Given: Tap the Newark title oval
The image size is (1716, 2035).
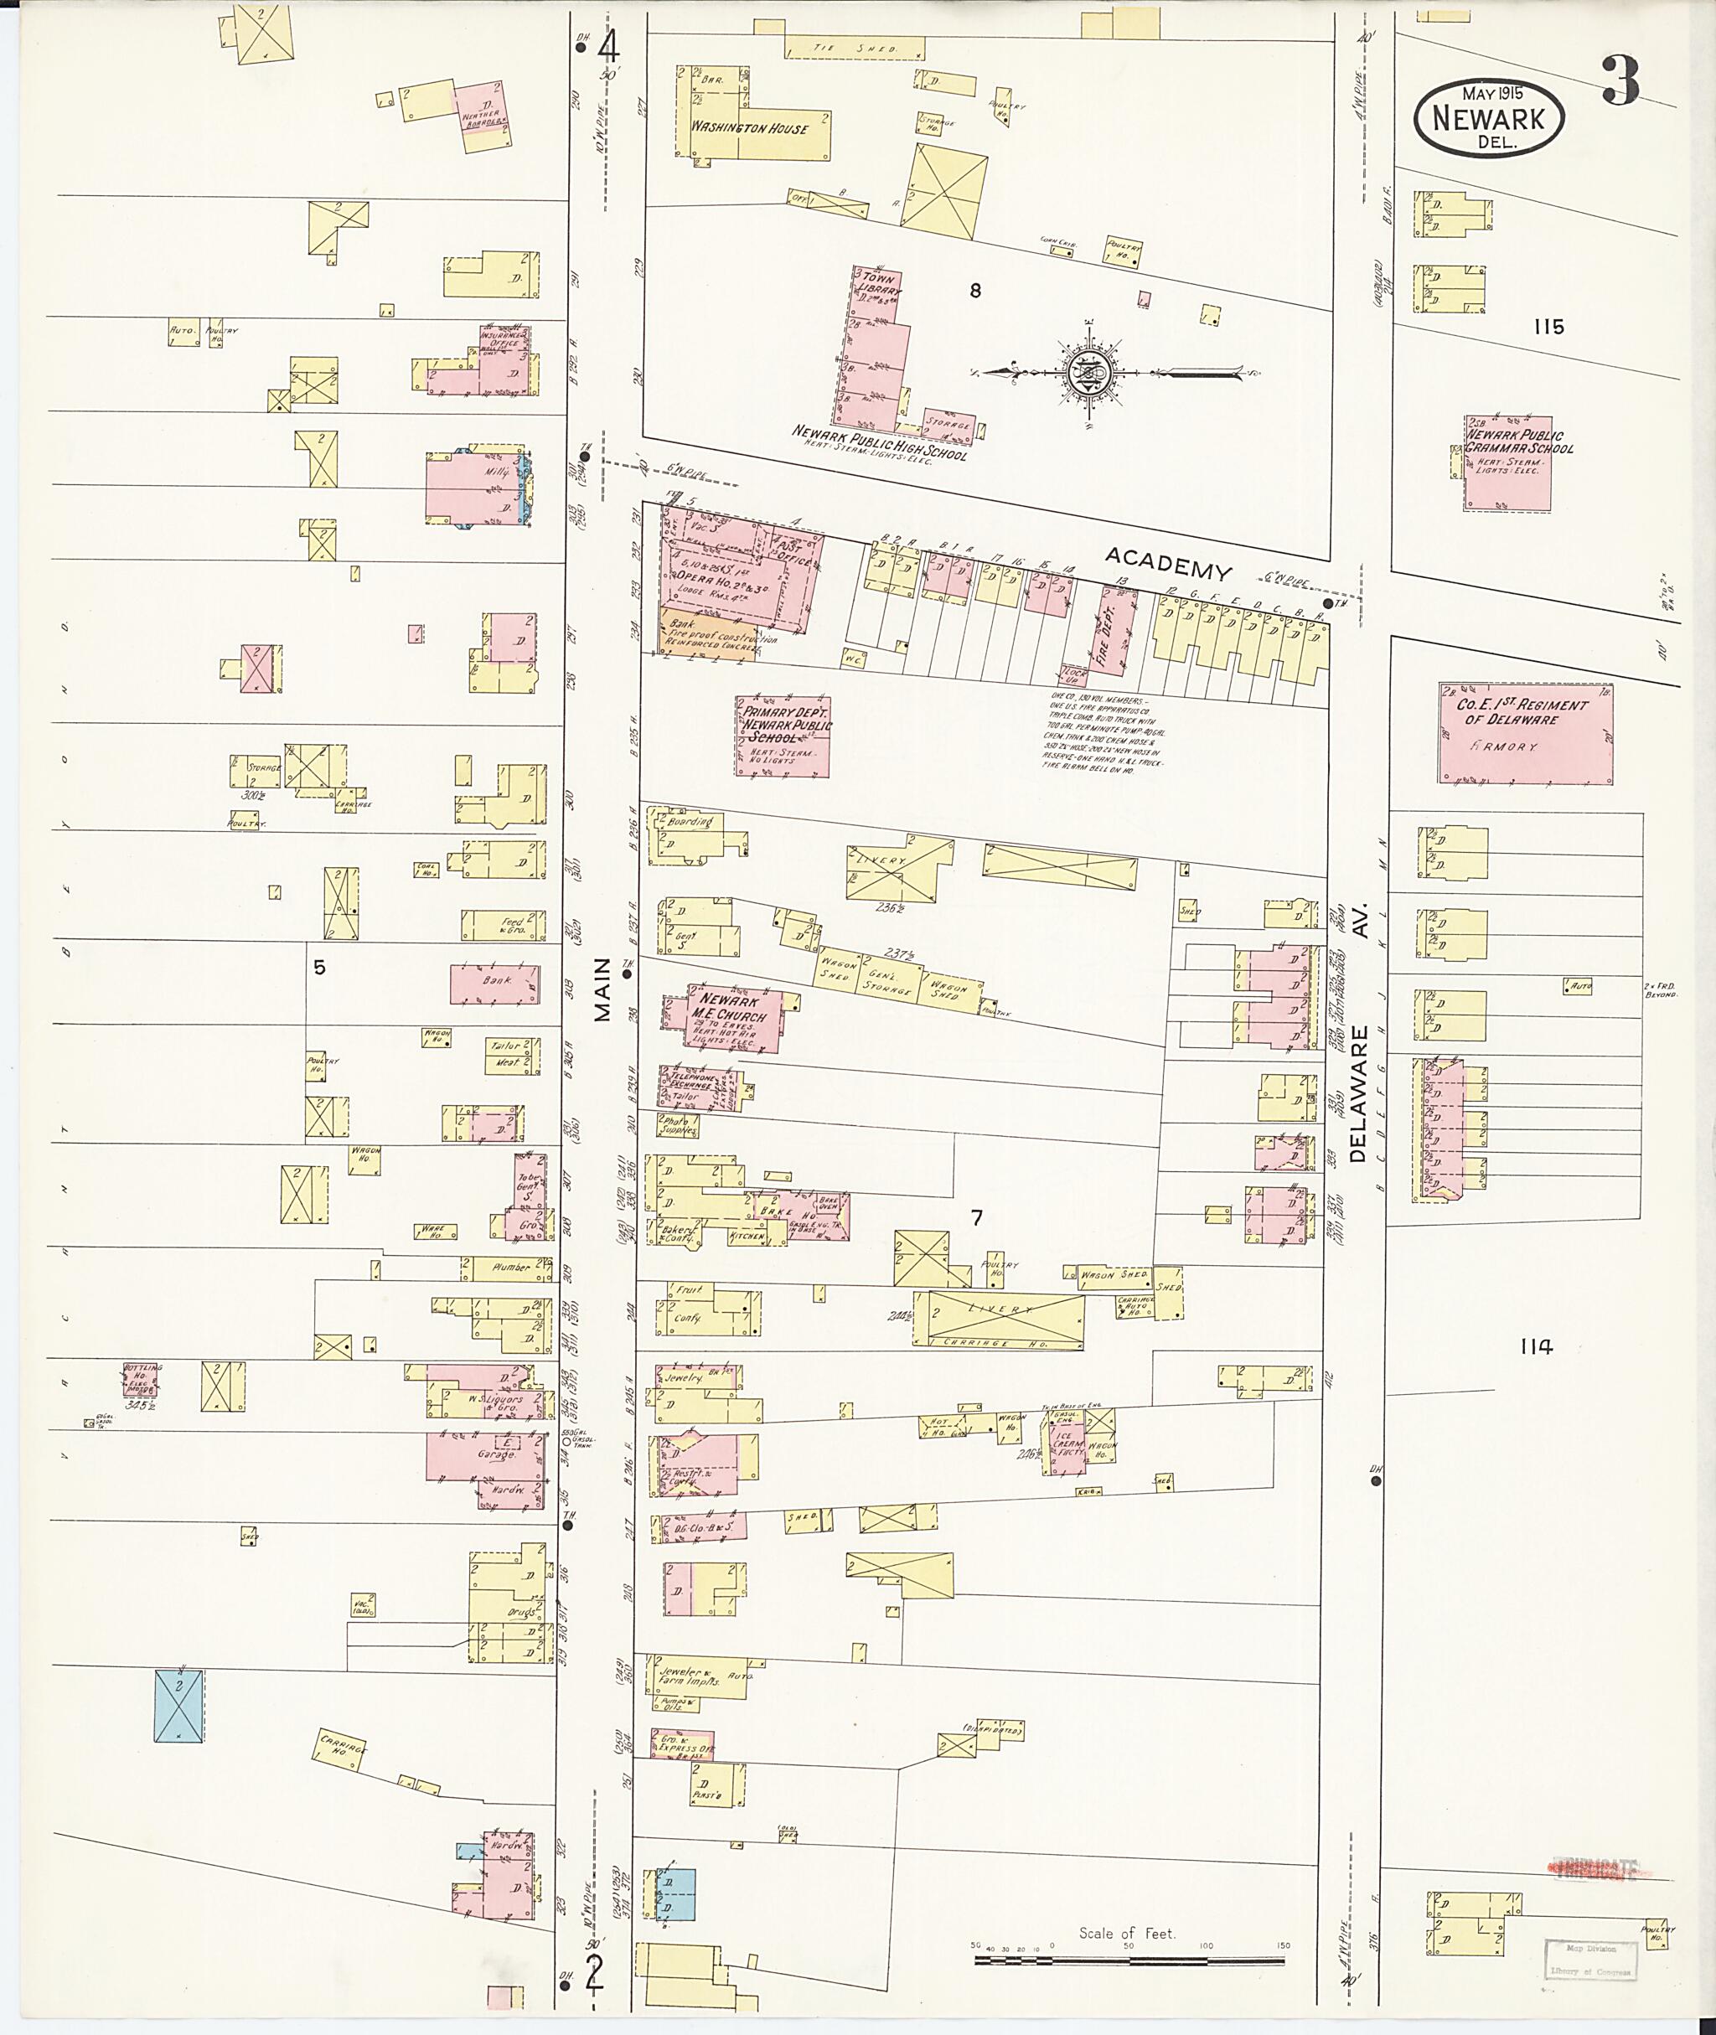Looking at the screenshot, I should [1488, 117].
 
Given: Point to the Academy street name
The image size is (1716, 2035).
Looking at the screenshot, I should [1167, 563].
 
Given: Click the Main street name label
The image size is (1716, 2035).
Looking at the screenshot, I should [602, 989].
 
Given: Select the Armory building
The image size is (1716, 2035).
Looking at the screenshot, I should [1524, 733].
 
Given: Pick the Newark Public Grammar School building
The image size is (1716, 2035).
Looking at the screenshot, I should [1509, 462].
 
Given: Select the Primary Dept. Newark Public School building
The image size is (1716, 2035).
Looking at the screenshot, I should [784, 736].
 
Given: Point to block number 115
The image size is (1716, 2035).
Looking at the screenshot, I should [1548, 327].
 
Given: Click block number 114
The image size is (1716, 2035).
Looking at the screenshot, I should [1536, 1346].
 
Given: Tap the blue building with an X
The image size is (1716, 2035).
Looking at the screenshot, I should [179, 1705].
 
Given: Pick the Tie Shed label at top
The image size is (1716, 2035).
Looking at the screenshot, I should [856, 48].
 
